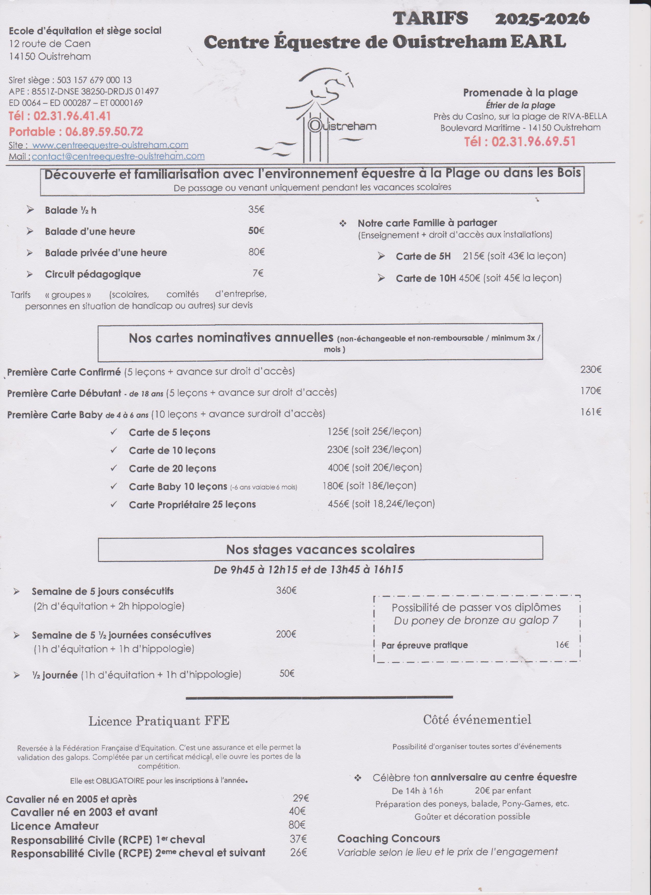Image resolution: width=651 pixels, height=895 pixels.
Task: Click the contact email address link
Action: (x=118, y=156)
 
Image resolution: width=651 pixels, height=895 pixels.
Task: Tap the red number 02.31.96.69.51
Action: (x=520, y=141)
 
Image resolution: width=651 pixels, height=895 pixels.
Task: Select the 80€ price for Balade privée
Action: (x=256, y=252)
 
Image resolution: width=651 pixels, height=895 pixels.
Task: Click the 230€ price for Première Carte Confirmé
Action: (x=590, y=370)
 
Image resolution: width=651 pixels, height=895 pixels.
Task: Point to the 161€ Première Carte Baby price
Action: (x=590, y=412)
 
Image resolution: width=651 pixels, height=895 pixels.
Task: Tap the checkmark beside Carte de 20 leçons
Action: (x=114, y=468)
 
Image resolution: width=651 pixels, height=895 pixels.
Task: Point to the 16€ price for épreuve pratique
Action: (x=562, y=645)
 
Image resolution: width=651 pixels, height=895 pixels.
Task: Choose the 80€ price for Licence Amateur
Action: (x=297, y=824)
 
